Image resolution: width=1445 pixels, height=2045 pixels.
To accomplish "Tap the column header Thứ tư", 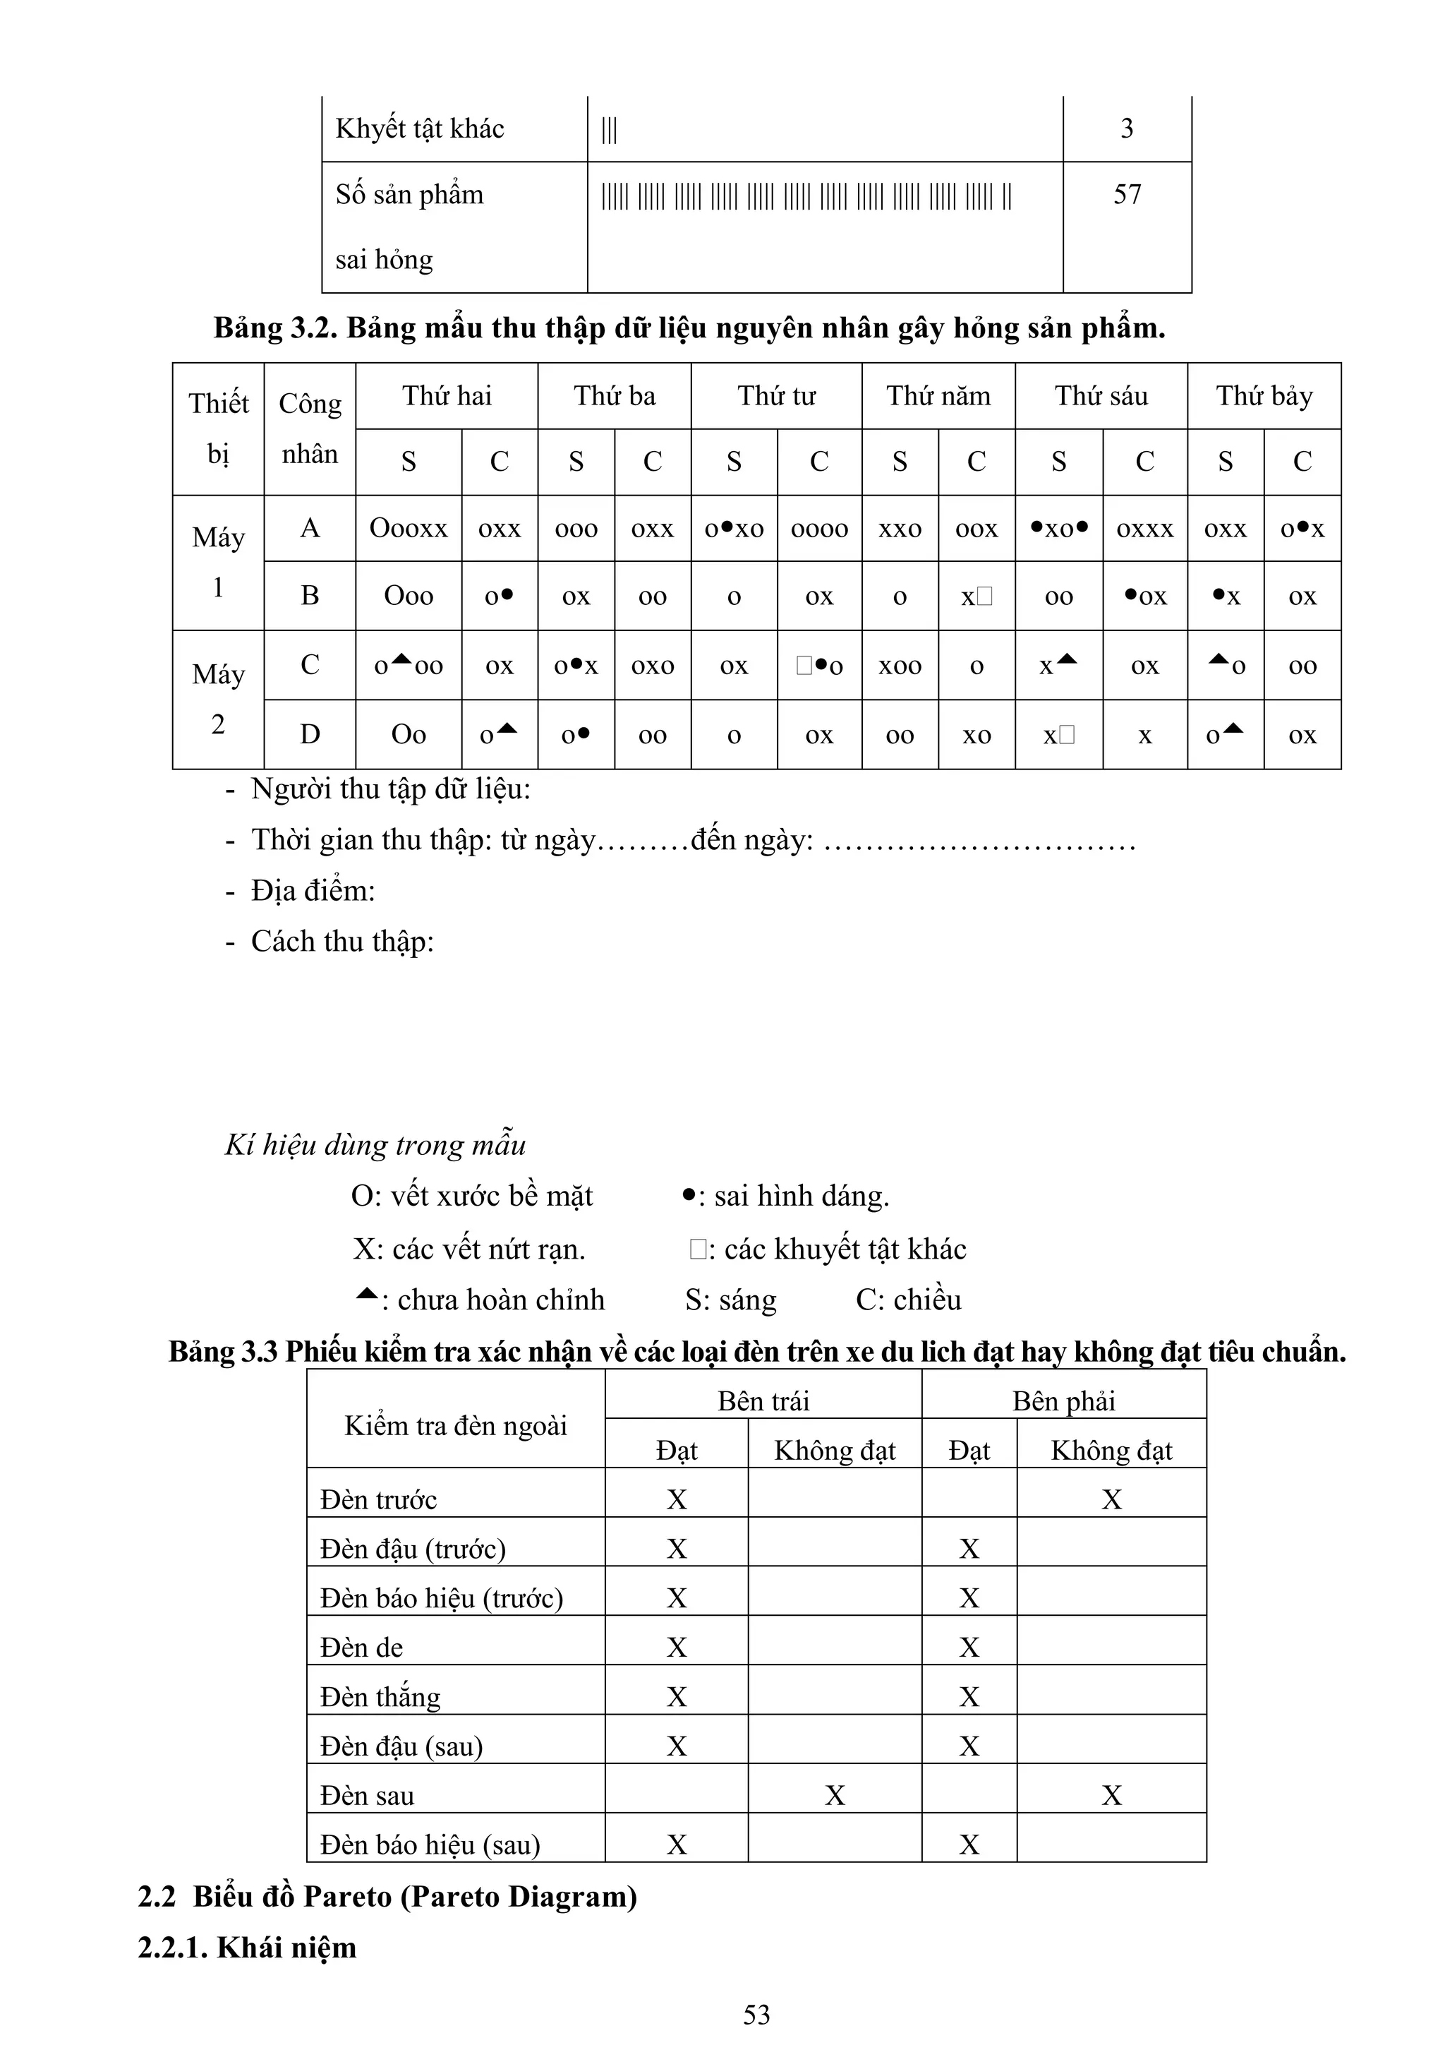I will [x=775, y=395].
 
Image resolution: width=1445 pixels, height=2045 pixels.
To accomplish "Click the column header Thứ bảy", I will [x=1264, y=395].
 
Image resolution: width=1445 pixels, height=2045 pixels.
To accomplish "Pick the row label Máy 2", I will [x=218, y=699].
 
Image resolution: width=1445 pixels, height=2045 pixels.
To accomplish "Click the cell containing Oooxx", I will [x=408, y=528].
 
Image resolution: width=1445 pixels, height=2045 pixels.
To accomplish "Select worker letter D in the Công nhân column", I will [x=309, y=734].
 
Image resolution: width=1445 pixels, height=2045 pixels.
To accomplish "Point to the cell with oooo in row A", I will [x=818, y=529].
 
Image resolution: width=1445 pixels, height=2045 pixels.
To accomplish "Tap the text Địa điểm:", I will [x=313, y=891].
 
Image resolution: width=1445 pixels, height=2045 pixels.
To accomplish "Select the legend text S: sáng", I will [x=730, y=1300].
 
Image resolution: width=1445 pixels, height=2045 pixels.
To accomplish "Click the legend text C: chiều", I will [x=908, y=1300].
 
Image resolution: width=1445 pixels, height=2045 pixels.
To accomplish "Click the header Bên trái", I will [x=763, y=1401].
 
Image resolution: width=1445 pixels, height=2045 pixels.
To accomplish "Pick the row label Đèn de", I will [x=361, y=1648].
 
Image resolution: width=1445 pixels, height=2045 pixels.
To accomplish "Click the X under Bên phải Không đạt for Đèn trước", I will [x=1111, y=1500].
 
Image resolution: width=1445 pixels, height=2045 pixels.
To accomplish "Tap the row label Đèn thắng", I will [x=380, y=1697].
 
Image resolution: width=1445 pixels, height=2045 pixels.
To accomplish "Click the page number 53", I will [x=756, y=2015].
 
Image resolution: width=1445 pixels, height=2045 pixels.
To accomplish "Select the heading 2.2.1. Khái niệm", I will [x=247, y=1947].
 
